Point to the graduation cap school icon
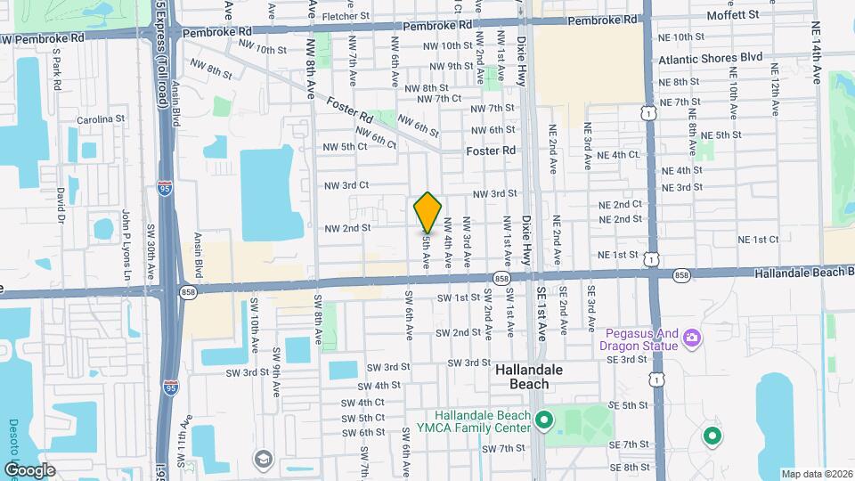(x=263, y=459)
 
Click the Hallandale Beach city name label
(x=522, y=376)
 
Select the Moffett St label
(x=732, y=15)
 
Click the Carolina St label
(x=100, y=119)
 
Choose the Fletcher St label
(x=346, y=16)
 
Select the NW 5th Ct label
(x=345, y=147)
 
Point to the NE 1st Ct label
(x=758, y=239)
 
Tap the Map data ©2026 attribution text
(x=814, y=473)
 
